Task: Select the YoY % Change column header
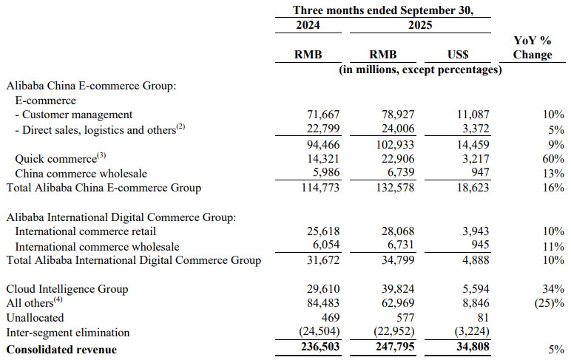tap(532, 47)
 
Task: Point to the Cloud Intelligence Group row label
tap(67, 288)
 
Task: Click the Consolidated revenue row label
tap(61, 349)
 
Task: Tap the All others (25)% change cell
tap(548, 302)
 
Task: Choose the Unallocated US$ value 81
tap(476, 317)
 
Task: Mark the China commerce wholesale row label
tap(81, 173)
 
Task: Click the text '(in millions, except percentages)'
tap(420, 69)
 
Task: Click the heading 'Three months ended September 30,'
tap(382, 10)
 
